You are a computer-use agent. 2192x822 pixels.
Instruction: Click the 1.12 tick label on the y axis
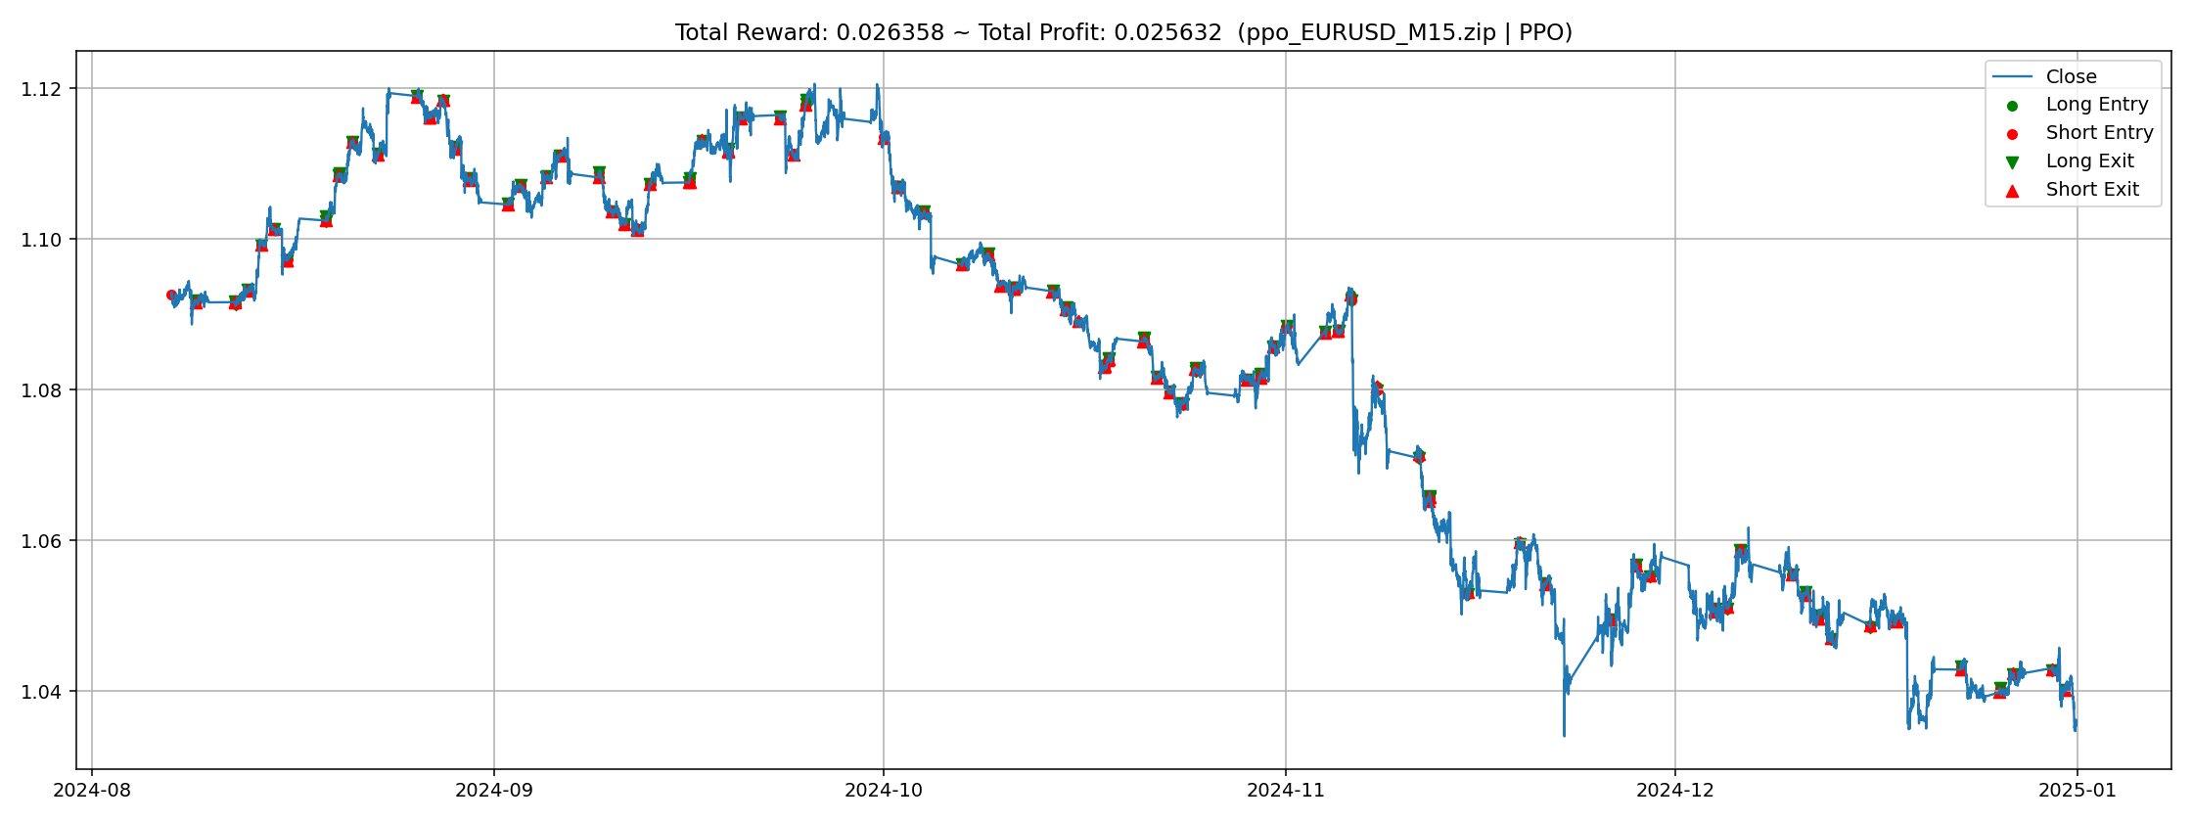pyautogui.click(x=41, y=89)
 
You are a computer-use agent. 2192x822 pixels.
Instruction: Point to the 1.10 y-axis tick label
pyautogui.click(x=41, y=240)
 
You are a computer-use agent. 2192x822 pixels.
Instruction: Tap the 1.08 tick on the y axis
pyautogui.click(x=41, y=390)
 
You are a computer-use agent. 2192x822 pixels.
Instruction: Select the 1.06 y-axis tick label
pyautogui.click(x=41, y=541)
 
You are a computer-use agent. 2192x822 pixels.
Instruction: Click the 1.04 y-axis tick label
pyautogui.click(x=41, y=692)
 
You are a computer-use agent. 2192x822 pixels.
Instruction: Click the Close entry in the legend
pyautogui.click(x=2072, y=76)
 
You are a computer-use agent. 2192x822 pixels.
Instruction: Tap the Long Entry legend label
pyautogui.click(x=2097, y=105)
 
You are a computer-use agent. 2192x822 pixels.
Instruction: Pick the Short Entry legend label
pyautogui.click(x=2100, y=133)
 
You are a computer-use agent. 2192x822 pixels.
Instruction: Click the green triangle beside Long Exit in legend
pyautogui.click(x=2013, y=162)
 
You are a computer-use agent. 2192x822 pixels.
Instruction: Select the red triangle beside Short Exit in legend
pyautogui.click(x=2013, y=190)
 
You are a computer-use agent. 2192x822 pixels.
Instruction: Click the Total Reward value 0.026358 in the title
pyautogui.click(x=890, y=33)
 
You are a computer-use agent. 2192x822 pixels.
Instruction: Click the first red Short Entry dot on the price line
pyautogui.click(x=171, y=295)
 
